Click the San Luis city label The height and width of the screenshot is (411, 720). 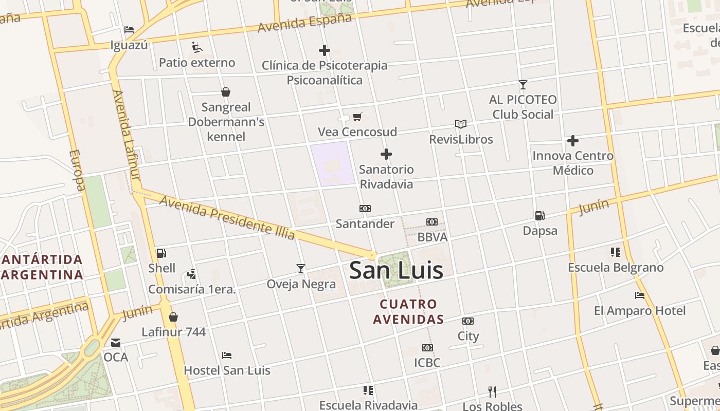tap(396, 271)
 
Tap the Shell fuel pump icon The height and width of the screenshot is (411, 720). tap(161, 253)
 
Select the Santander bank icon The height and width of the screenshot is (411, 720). tap(365, 209)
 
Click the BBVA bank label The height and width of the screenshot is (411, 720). tap(432, 237)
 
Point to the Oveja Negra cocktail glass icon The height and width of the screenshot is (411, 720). tap(301, 268)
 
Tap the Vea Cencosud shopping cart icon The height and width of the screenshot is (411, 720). tap(357, 117)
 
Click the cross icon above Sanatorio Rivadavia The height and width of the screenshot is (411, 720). tap(386, 154)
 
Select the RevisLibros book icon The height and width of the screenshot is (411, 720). tap(461, 124)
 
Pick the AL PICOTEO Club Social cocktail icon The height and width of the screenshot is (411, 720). tap(523, 84)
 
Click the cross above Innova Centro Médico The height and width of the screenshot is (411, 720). tap(573, 141)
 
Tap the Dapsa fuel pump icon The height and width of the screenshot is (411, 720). tap(539, 216)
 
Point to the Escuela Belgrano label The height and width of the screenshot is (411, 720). tap(616, 268)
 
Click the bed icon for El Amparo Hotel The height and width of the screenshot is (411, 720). tap(640, 295)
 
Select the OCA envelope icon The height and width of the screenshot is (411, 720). tap(116, 342)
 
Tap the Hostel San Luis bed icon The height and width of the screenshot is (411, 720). tap(227, 355)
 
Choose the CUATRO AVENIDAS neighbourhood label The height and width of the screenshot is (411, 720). tap(408, 312)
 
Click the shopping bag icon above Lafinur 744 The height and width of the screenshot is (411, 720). tap(173, 317)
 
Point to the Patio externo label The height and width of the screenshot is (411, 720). tap(197, 63)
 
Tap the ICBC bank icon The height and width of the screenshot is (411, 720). tap(427, 348)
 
